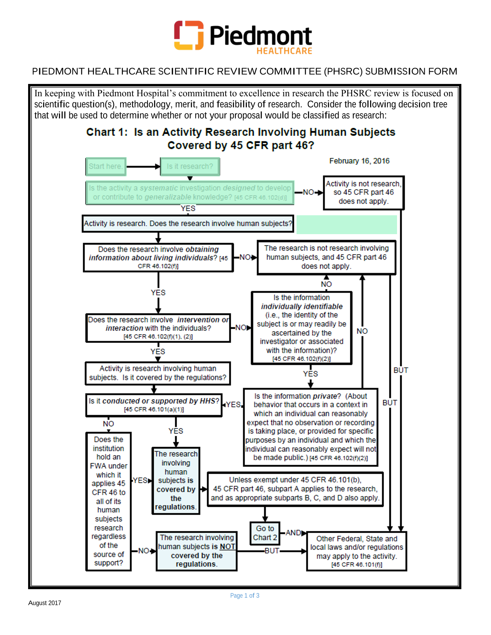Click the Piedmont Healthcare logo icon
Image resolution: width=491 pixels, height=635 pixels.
pos(189,35)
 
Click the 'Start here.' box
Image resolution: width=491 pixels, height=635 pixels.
pos(106,166)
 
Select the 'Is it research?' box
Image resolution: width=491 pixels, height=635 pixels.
pos(190,166)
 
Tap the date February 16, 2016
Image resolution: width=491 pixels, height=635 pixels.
pos(359,161)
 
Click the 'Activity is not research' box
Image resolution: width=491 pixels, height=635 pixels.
pos(364,193)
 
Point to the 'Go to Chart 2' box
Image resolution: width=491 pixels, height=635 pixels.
pos(265,533)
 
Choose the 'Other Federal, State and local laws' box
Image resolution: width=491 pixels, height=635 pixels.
pos(357,551)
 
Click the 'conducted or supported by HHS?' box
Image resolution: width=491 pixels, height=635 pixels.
pos(154,405)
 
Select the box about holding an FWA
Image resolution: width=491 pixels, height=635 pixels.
pos(109,501)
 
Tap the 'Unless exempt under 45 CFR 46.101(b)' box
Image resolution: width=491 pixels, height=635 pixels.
pos(295,489)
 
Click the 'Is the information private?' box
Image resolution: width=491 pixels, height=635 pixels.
pos(311,427)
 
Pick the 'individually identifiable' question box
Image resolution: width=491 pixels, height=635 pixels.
pos(302,328)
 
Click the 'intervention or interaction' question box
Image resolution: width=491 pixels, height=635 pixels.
pos(158,328)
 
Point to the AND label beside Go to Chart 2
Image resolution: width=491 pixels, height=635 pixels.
pos(293,533)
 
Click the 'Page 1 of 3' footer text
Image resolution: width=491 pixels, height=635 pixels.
pos(245,595)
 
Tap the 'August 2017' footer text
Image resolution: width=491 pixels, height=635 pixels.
pos(45,603)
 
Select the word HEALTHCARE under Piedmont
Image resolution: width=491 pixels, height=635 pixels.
pos(284,51)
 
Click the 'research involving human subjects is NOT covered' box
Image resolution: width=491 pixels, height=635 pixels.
pos(196,551)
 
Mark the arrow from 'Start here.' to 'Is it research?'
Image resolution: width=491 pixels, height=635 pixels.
pos(143,167)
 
